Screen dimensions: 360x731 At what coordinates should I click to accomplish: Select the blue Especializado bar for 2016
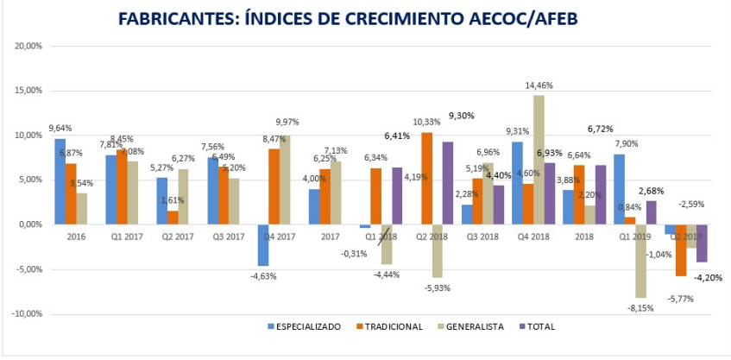click(x=60, y=180)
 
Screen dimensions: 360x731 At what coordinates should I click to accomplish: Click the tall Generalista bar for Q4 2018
click(x=539, y=159)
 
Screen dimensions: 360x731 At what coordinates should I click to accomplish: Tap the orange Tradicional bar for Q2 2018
click(x=426, y=178)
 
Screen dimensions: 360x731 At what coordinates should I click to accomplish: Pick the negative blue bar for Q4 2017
click(x=264, y=244)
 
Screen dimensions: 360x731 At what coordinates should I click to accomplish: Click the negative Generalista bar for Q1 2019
click(x=640, y=260)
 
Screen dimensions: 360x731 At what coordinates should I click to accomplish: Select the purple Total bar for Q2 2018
click(x=448, y=182)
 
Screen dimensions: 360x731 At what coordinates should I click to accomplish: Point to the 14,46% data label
click(x=540, y=86)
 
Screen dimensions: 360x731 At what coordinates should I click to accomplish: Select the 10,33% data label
click(x=427, y=123)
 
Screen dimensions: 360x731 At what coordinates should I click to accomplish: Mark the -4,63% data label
click(x=264, y=275)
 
